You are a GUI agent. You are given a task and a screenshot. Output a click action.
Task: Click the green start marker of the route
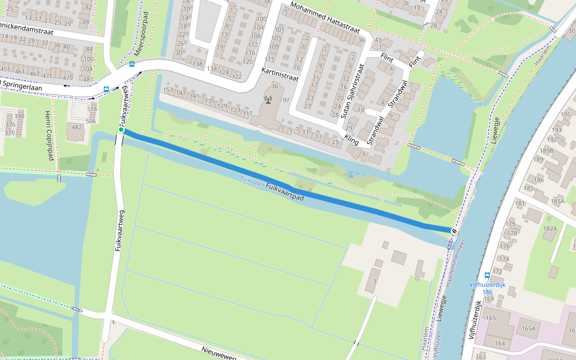(121, 130)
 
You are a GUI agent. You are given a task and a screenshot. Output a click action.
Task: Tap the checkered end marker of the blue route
(455, 231)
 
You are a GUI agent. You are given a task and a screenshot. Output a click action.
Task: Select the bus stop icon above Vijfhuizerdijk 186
(487, 276)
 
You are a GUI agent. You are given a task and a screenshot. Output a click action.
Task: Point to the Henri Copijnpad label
(49, 136)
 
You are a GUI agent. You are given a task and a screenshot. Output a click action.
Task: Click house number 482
(77, 127)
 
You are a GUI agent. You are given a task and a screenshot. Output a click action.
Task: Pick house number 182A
(550, 228)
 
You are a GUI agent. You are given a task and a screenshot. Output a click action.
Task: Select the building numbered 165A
(528, 328)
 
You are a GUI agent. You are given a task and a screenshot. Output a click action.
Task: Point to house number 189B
(546, 150)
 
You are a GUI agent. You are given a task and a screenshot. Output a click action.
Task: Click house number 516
(91, 109)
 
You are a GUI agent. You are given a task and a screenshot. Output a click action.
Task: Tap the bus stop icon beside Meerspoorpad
(132, 64)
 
